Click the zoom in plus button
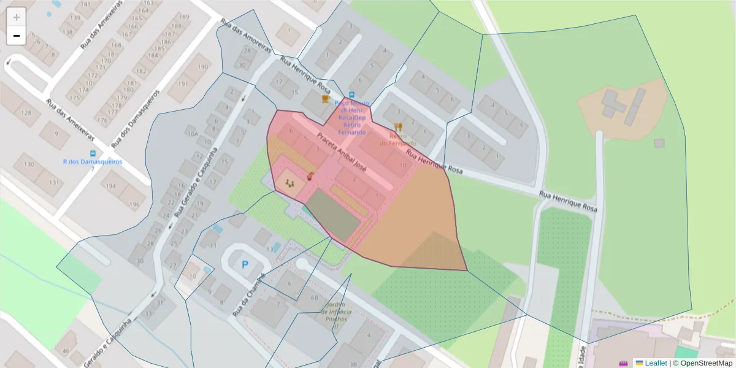click(17, 17)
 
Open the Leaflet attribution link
click(656, 363)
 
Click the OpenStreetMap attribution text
click(703, 363)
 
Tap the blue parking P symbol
click(245, 265)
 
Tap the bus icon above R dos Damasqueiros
click(93, 153)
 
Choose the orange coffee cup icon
click(326, 98)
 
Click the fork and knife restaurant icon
click(398, 127)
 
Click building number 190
click(202, 66)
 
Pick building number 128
click(27, 113)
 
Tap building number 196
click(134, 205)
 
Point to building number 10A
click(193, 134)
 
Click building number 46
click(65, 350)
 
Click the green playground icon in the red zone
click(290, 182)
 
